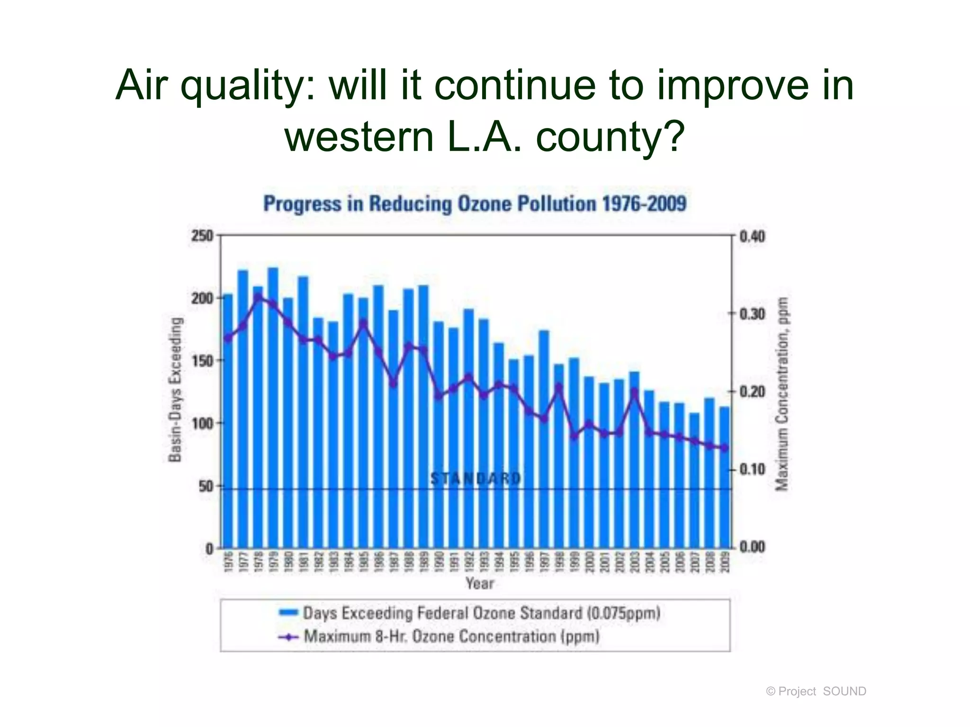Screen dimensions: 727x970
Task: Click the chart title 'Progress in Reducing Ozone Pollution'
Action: click(x=475, y=204)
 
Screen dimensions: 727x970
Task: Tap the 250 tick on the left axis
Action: click(x=202, y=235)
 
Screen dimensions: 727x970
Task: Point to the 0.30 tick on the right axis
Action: click(x=752, y=314)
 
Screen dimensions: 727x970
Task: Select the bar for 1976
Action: click(x=227, y=421)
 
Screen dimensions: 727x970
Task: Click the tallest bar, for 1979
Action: click(x=273, y=407)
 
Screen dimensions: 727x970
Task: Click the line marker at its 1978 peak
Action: click(x=258, y=296)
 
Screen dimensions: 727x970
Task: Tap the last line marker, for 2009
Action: click(x=724, y=447)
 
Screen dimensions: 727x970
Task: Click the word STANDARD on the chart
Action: click(x=476, y=479)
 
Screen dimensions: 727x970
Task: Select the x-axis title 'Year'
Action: click(x=479, y=583)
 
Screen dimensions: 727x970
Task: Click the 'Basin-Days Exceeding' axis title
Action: click(x=176, y=389)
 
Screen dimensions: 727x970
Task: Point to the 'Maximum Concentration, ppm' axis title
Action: click(x=782, y=394)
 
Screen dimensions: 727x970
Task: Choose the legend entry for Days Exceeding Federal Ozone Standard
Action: click(x=481, y=613)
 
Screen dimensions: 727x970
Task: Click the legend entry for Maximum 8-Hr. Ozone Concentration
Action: click(x=451, y=636)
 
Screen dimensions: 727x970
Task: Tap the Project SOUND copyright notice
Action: click(x=816, y=692)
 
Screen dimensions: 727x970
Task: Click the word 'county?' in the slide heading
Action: click(x=611, y=136)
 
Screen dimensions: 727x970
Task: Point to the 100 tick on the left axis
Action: click(x=202, y=423)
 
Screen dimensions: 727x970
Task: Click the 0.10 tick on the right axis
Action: click(x=752, y=470)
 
